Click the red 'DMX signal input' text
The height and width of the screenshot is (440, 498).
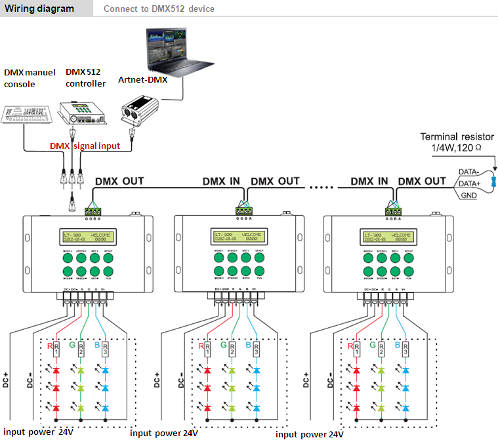tap(85, 146)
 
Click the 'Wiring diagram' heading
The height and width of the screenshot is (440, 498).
tap(39, 9)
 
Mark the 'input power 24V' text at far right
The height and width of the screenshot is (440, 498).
tap(309, 434)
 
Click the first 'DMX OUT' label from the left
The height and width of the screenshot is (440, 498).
tap(119, 181)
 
